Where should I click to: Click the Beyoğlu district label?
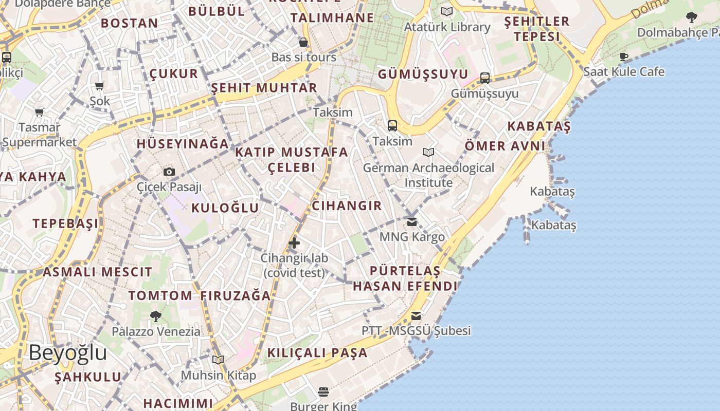(x=68, y=353)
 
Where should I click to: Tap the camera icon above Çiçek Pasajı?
(x=169, y=172)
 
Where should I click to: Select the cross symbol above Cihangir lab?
(x=294, y=242)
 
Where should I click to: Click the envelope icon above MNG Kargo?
(x=412, y=222)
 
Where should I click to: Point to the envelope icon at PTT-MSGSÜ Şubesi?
(x=416, y=315)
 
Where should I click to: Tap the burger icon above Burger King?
(x=323, y=392)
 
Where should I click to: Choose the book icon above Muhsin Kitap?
(x=218, y=360)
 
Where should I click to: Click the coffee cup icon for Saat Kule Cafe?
(x=624, y=57)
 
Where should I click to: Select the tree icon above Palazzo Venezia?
(x=156, y=316)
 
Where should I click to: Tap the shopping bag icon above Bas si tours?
(x=303, y=42)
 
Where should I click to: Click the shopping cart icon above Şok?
(x=100, y=86)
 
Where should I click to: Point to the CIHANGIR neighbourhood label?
(x=347, y=206)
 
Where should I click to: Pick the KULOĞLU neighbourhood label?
(x=225, y=208)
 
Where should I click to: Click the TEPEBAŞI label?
(x=65, y=223)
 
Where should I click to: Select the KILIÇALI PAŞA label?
(x=317, y=353)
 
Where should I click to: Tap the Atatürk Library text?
(x=447, y=27)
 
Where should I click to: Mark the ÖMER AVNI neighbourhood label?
(x=505, y=146)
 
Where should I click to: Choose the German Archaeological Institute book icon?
(x=428, y=152)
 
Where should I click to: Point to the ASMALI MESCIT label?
(x=97, y=272)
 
